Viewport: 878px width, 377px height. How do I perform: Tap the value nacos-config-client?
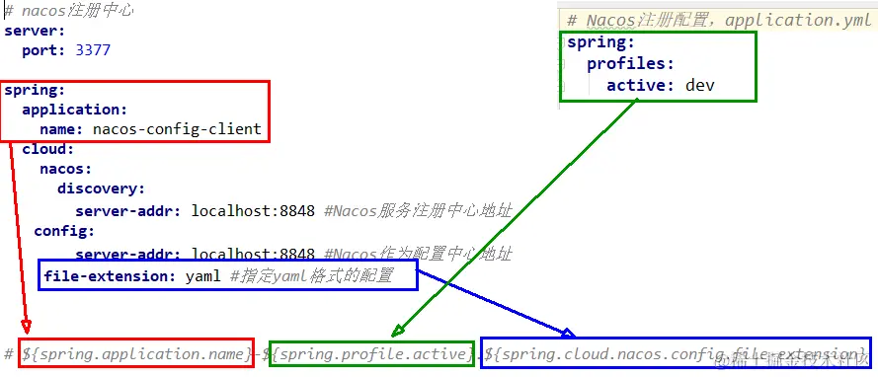177,128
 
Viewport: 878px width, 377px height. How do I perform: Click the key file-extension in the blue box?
110,276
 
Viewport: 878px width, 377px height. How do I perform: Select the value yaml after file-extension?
202,276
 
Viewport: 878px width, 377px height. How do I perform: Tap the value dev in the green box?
699,85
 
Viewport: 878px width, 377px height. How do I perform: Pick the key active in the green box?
640,85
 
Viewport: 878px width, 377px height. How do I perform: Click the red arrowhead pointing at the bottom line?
26,327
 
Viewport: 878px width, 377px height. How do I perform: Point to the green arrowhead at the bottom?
398,330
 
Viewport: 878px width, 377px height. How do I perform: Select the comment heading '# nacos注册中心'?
69,11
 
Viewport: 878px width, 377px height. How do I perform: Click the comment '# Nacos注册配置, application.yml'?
719,20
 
